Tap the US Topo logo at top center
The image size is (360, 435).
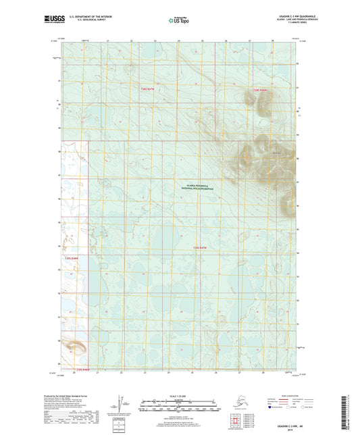180,21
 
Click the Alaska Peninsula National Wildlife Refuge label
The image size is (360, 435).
198,188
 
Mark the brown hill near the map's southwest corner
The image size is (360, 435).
76,349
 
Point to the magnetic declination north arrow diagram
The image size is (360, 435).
120,405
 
